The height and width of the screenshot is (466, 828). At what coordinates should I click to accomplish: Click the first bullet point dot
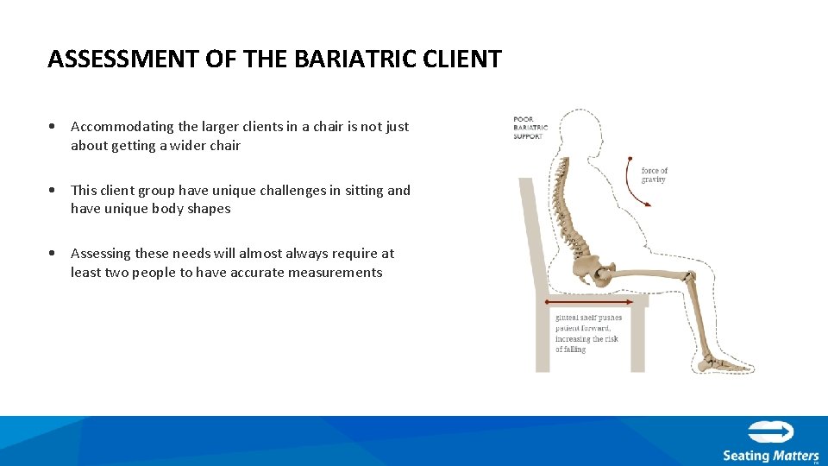53,127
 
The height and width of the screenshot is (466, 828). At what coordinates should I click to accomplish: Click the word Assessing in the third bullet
100,254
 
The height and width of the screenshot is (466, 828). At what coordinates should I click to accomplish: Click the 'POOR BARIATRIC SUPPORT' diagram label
530,128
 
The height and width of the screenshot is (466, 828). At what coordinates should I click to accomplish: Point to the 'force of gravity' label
655,175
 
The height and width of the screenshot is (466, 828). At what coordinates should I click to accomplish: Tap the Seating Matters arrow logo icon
770,432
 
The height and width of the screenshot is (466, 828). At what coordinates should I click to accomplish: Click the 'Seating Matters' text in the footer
770,456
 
